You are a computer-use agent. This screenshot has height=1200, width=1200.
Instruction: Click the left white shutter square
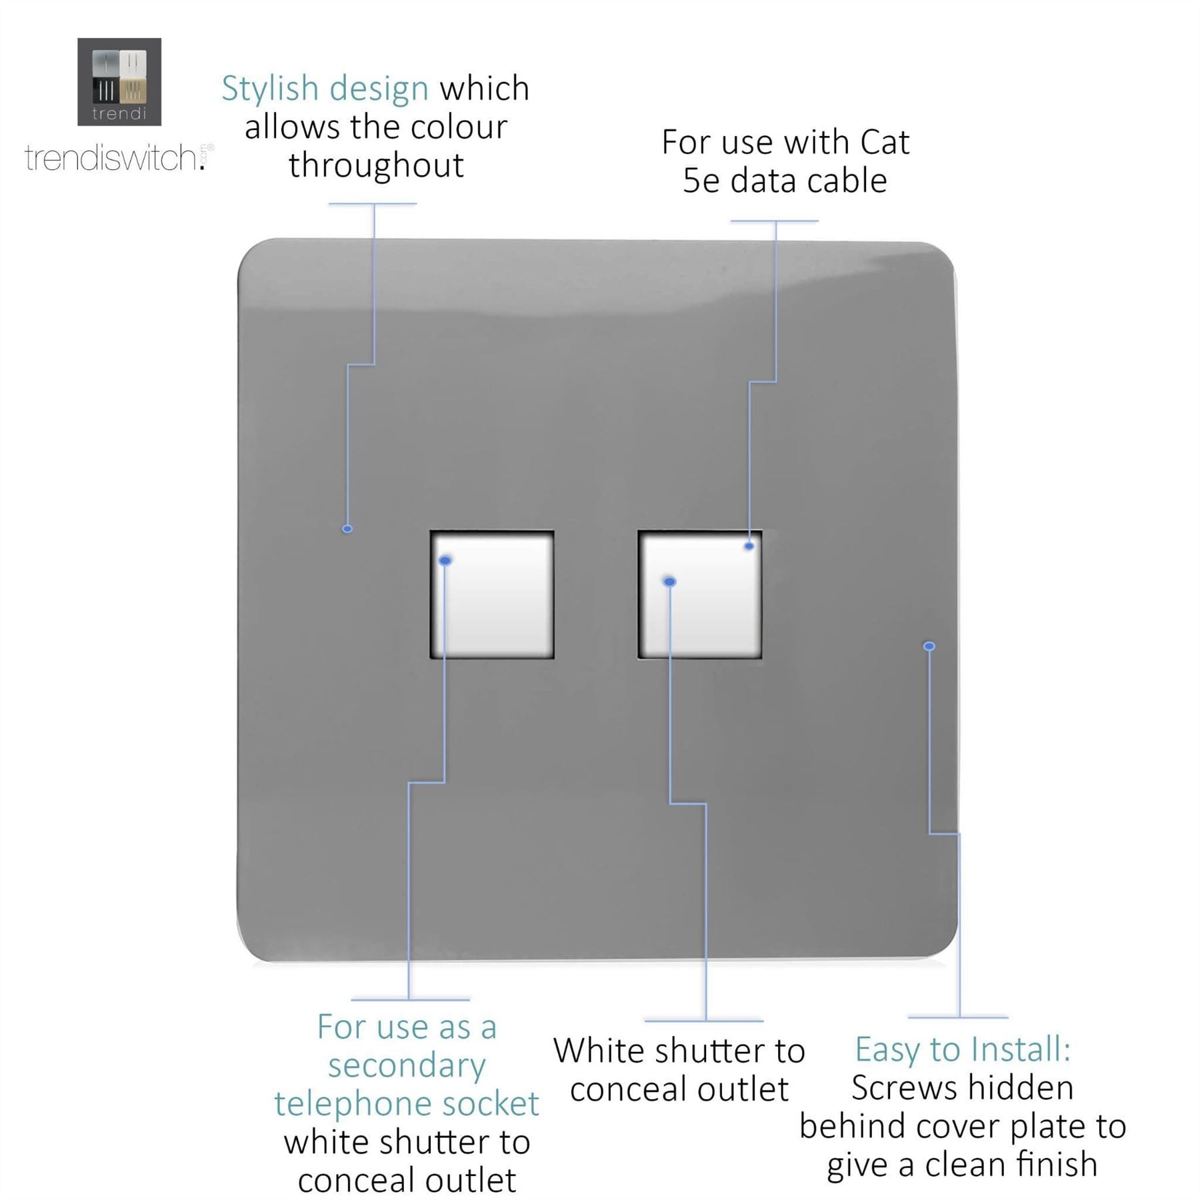(x=492, y=595)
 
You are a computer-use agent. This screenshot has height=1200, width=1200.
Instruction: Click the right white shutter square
(x=700, y=595)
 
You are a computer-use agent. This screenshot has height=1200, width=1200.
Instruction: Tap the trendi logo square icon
(x=119, y=81)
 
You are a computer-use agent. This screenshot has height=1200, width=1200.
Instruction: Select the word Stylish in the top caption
(x=270, y=89)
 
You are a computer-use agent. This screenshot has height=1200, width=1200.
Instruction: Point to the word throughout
(x=376, y=165)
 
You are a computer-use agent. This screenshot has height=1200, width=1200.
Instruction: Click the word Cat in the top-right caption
(x=885, y=142)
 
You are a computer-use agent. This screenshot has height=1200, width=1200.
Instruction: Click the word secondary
(x=407, y=1065)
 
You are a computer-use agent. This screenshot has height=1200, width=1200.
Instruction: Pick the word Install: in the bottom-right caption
(x=1021, y=1049)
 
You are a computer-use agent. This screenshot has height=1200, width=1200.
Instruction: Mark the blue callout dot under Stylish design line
(x=347, y=529)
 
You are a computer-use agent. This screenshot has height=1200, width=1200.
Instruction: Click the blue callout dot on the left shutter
(x=445, y=561)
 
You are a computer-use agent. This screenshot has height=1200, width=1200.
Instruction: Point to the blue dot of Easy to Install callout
(x=929, y=646)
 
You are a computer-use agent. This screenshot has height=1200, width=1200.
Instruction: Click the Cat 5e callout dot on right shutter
(x=749, y=546)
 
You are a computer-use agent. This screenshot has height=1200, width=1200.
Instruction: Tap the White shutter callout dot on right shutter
(x=670, y=582)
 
